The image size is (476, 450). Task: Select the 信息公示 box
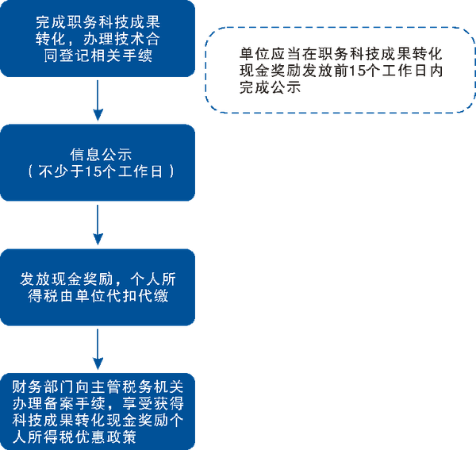pyautogui.click(x=97, y=163)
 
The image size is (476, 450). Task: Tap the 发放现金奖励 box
pyautogui.click(x=97, y=287)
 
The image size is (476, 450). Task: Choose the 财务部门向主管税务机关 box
pyautogui.click(x=97, y=411)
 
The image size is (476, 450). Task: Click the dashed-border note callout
pyautogui.click(x=339, y=70)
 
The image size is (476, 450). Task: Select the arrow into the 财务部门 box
pyautogui.click(x=97, y=349)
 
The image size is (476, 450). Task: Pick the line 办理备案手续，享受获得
pyautogui.click(x=98, y=402)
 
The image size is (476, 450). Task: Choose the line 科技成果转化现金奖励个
pyautogui.click(x=98, y=419)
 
